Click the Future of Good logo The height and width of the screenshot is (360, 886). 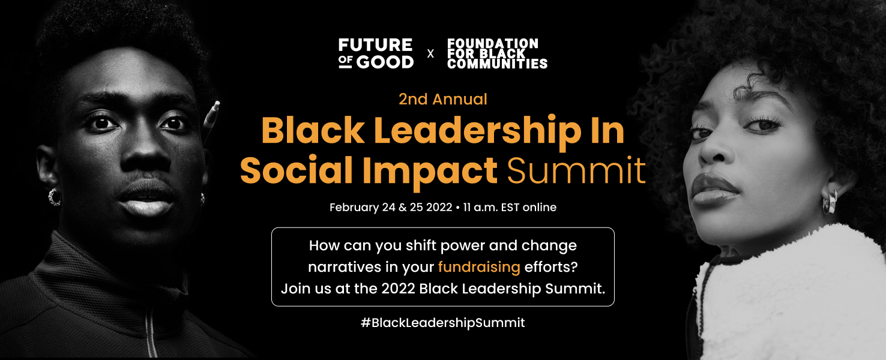376,53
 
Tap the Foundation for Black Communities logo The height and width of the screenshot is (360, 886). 497,53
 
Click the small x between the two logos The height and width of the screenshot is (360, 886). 430,54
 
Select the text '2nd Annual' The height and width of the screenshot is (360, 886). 442,99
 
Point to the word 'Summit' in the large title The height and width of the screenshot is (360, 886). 576,171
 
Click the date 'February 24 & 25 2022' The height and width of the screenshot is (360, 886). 391,208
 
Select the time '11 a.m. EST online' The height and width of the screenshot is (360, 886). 510,208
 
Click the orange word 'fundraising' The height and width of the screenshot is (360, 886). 479,268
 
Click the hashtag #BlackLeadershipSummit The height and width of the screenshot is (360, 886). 442,323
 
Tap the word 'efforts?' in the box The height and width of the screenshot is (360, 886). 551,267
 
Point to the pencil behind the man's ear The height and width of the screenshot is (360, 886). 211,121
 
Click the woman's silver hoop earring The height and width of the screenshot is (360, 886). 830,202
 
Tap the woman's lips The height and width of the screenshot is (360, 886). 714,190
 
